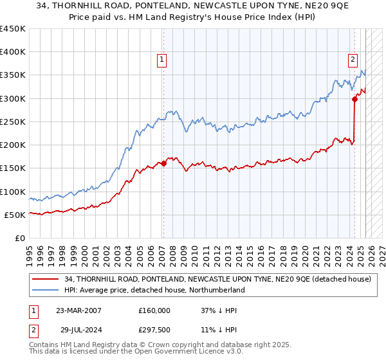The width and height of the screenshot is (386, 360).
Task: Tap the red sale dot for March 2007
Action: coord(163,163)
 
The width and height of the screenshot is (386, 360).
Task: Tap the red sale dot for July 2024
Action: coord(354,99)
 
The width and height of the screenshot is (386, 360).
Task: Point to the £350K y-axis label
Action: coord(13,75)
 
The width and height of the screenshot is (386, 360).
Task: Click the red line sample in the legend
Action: coord(46,279)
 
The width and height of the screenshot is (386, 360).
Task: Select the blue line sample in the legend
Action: coord(46,291)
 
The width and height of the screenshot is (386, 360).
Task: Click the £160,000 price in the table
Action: coord(155,310)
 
